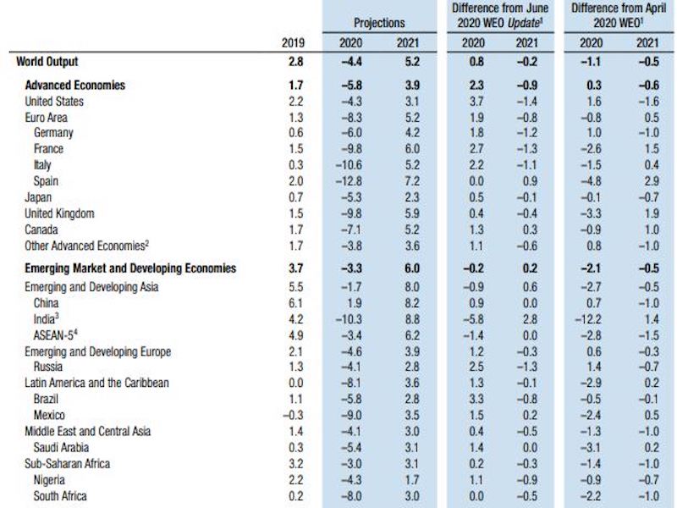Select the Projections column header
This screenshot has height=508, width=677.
pos(378,23)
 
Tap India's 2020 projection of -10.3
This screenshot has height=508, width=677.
pos(349,318)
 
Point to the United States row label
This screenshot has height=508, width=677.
pos(55,102)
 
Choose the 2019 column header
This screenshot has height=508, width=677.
pos(294,42)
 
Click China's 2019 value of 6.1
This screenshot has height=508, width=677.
pos(294,302)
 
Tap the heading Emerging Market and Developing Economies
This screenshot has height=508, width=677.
pos(130,268)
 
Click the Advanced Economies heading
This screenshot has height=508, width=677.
pos(75,86)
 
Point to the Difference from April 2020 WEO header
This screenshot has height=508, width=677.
pos(619,15)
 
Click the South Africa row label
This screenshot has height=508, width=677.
pos(60,495)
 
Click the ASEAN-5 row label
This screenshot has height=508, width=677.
pos(58,334)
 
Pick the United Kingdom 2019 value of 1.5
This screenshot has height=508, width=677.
pos(294,214)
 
